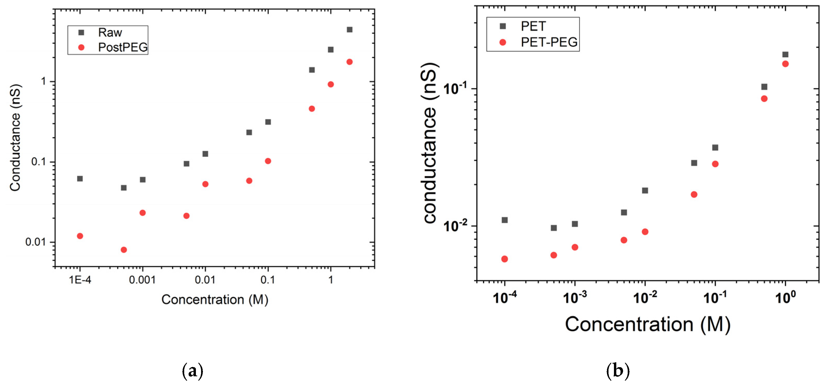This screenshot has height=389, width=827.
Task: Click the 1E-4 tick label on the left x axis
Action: coord(80,280)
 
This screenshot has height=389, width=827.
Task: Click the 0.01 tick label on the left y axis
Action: coord(35,242)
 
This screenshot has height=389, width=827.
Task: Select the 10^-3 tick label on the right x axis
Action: coord(575,298)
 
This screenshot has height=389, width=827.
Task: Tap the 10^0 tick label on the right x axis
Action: coord(785,298)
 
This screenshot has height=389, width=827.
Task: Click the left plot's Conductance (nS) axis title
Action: coord(15,138)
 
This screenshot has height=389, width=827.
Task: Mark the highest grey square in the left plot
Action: coord(350,30)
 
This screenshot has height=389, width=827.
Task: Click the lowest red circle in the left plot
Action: coord(124,250)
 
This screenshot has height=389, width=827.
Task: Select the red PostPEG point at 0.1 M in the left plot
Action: coord(268,161)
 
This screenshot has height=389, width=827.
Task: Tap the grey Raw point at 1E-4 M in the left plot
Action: coord(80,179)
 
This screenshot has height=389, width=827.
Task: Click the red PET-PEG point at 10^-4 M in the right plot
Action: coord(504,259)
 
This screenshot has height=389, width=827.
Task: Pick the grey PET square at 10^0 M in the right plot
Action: coord(785,55)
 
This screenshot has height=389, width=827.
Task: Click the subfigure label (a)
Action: coord(193,371)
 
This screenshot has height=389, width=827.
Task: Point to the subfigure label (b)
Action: coord(618,371)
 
